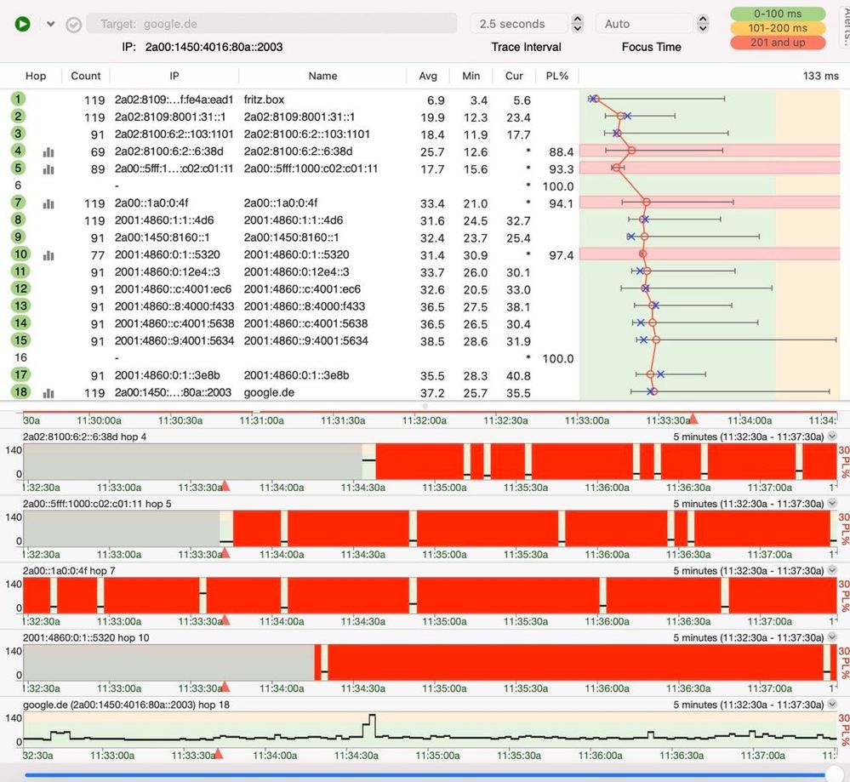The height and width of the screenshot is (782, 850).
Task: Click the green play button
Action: (22, 24)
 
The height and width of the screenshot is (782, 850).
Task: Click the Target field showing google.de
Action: (272, 24)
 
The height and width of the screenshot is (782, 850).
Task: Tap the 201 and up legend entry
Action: (778, 43)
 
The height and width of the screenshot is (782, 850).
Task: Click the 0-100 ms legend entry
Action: (778, 14)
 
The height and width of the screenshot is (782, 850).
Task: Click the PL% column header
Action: (557, 76)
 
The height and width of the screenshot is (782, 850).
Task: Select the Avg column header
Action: (428, 76)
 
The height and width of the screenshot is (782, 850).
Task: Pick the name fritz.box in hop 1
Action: (264, 100)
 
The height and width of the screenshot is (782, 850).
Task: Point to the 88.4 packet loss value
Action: (562, 151)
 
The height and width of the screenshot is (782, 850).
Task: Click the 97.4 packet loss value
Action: (562, 255)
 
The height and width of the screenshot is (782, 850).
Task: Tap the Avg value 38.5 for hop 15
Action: (432, 341)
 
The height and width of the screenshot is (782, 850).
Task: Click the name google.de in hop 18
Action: (269, 393)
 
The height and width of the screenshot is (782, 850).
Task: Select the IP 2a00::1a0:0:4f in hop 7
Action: (151, 203)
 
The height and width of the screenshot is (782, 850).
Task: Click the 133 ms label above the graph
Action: (820, 76)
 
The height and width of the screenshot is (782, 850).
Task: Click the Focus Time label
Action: (651, 47)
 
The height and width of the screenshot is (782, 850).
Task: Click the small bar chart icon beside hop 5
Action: (48, 169)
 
